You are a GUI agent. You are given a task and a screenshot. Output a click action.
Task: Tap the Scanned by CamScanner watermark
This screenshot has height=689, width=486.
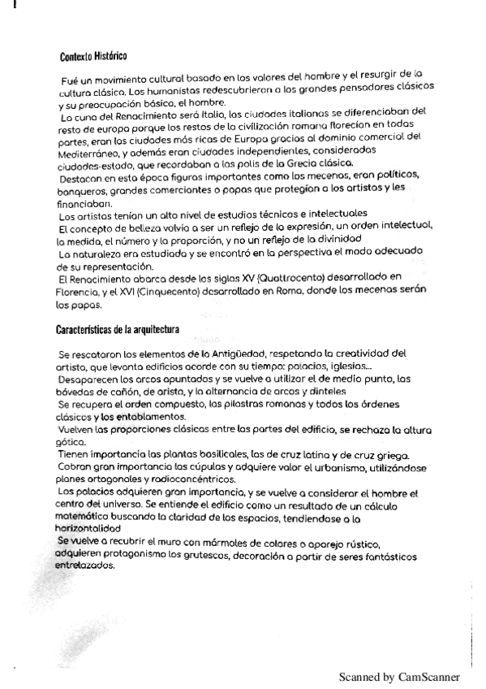pos(399,676)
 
